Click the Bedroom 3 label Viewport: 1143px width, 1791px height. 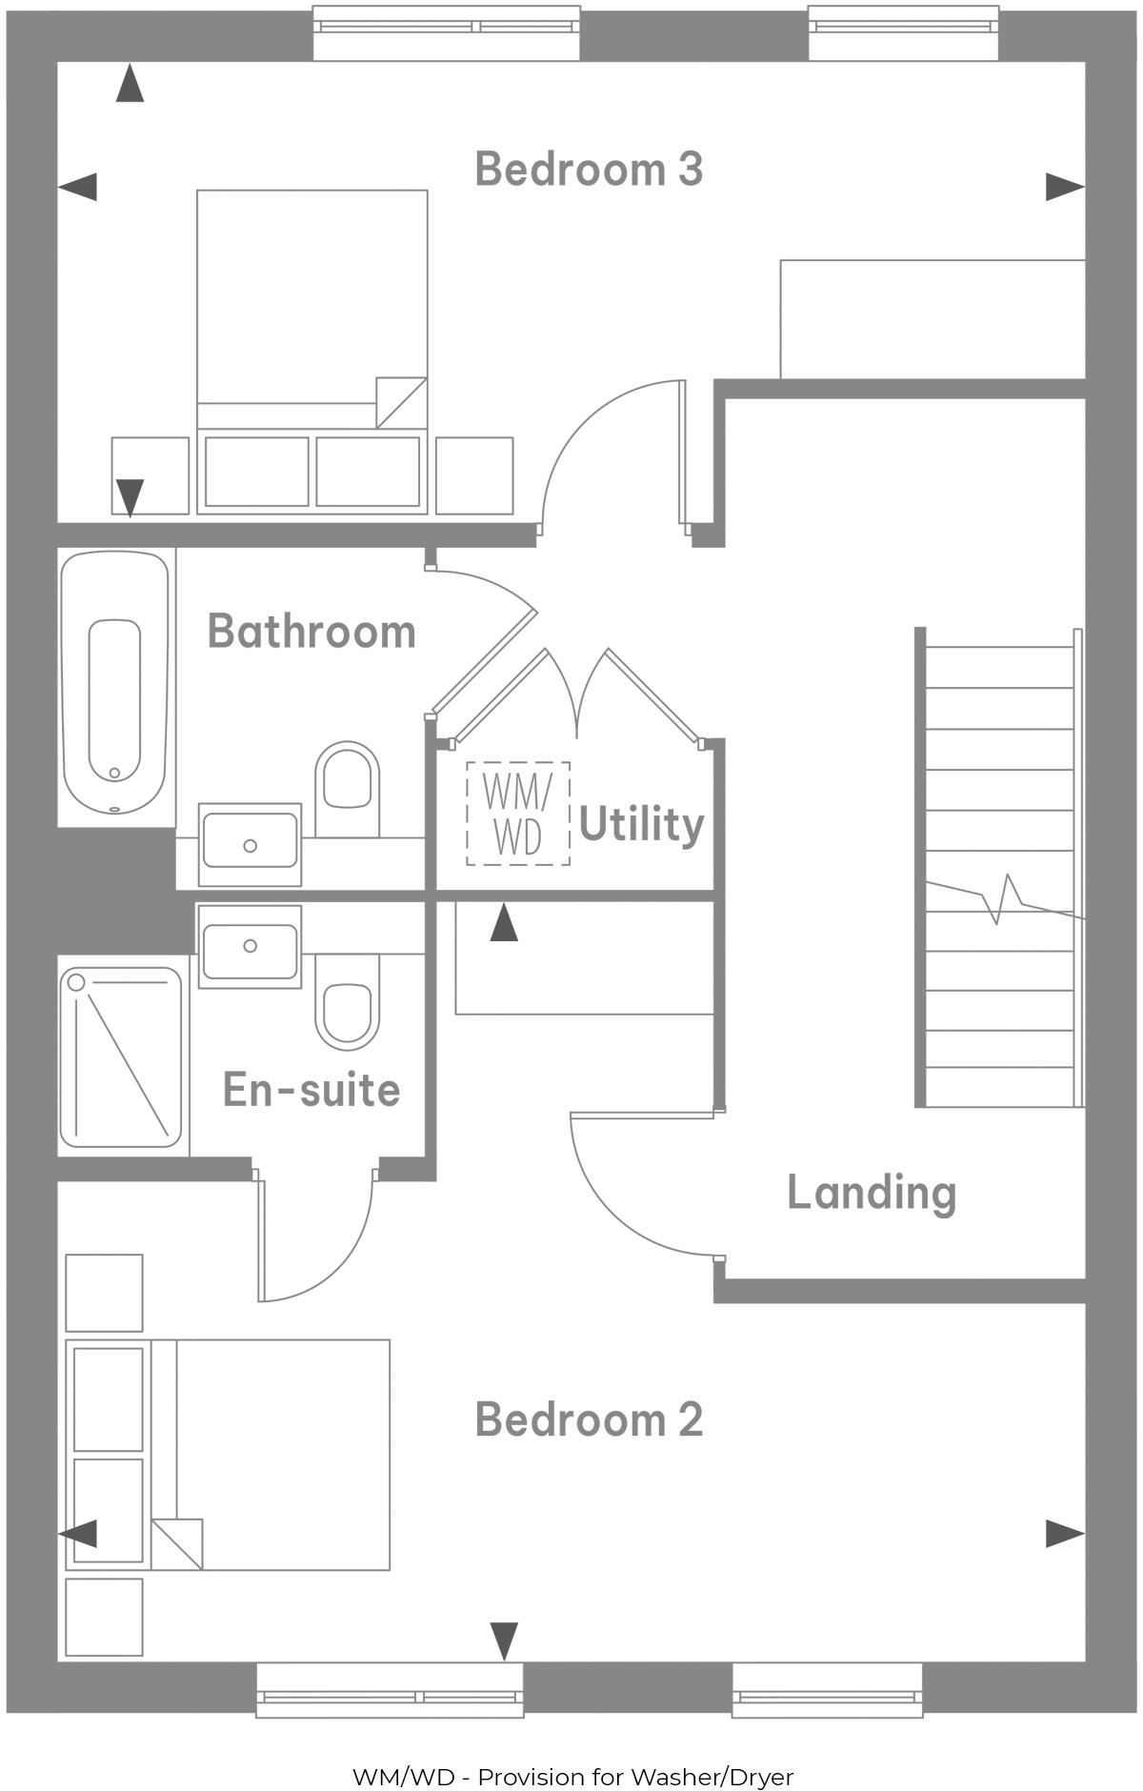(589, 169)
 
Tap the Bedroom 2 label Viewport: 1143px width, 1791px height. (589, 1419)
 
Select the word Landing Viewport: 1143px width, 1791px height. (871, 1192)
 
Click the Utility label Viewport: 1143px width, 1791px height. (641, 824)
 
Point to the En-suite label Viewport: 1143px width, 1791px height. (311, 1090)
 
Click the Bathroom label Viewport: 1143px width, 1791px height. (311, 632)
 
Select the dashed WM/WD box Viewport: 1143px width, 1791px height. (518, 814)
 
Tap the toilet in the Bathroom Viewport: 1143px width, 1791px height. (347, 781)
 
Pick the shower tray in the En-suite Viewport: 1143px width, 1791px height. (121, 1057)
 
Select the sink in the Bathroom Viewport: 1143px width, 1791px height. (250, 841)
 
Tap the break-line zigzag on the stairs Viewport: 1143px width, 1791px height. (1005, 898)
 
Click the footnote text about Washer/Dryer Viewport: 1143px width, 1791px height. (572, 1777)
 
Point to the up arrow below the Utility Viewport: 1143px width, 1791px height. (504, 923)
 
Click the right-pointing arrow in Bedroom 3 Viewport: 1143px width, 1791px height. (1064, 187)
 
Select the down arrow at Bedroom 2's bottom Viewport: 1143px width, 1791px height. (504, 1640)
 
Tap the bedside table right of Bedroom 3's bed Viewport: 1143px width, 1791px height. (474, 475)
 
